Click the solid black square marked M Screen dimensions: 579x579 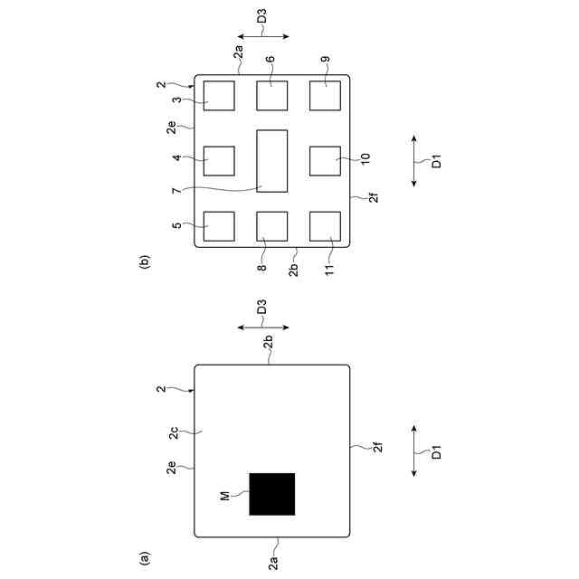coord(271,494)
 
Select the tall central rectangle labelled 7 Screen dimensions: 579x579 coord(271,160)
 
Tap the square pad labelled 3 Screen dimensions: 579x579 coord(219,95)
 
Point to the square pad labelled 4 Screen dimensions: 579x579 coord(219,160)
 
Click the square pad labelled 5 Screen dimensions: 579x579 coord(219,226)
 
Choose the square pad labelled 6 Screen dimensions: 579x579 coord(271,95)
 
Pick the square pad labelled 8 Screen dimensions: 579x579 coord(271,226)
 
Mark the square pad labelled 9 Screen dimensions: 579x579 coord(325,95)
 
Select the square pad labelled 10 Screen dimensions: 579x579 coord(325,160)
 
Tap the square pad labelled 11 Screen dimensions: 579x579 coord(325,226)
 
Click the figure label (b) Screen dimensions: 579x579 coord(144,263)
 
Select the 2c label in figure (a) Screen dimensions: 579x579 coord(174,433)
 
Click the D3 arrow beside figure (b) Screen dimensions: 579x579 coord(261,37)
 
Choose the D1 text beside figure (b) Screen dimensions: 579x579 coord(435,162)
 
